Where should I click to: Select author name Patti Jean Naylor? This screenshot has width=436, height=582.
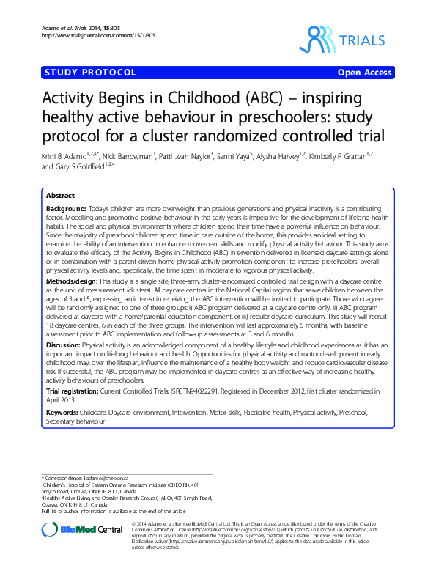click(x=183, y=157)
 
